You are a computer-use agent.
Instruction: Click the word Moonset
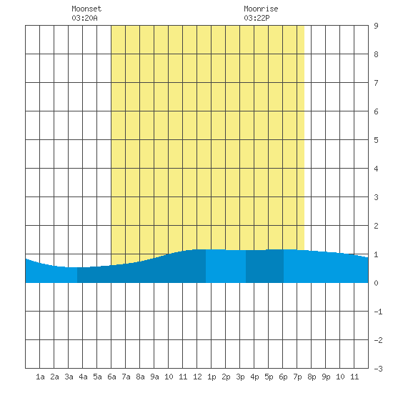86,9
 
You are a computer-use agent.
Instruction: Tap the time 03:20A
84,18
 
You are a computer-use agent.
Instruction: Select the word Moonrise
261,9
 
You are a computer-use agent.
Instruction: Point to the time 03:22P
257,18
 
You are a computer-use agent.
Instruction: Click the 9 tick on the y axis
376,26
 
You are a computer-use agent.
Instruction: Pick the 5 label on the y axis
376,140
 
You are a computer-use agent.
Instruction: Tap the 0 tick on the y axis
376,283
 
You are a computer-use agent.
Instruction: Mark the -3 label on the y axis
378,369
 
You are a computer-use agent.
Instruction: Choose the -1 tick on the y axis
378,312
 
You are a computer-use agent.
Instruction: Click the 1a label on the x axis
40,377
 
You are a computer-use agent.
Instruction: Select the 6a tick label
111,377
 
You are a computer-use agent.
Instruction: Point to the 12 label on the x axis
197,377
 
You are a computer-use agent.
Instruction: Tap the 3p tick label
240,377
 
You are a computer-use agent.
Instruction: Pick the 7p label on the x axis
297,377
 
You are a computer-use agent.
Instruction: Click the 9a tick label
154,377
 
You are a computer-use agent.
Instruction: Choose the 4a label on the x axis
83,377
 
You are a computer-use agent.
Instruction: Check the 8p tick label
312,377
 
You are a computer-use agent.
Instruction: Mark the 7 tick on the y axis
376,83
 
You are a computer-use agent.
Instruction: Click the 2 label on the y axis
376,226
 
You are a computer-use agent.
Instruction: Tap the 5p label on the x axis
269,377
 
